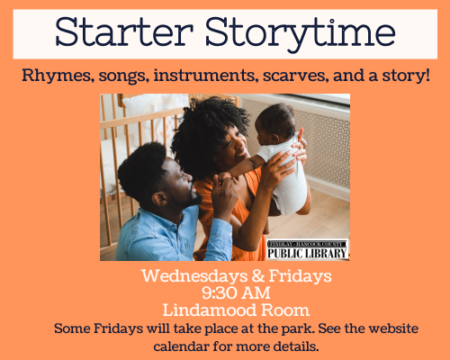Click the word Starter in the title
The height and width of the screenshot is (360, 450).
tap(124, 31)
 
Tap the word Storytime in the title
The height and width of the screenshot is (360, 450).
tap(301, 34)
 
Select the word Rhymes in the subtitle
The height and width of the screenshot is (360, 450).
tap(56, 76)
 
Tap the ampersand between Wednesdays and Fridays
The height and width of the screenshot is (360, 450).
tap(258, 276)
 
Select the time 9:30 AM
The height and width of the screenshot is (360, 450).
tap(236, 293)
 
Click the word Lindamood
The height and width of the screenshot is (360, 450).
tap(210, 310)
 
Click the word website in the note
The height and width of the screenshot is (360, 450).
tap(393, 328)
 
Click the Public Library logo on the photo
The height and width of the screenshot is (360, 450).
tap(308, 249)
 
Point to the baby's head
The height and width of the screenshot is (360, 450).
tap(275, 123)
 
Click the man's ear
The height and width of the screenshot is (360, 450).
tap(158, 199)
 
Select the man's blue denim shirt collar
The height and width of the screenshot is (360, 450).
tap(180, 218)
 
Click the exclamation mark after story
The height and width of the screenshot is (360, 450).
tap(427, 75)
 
